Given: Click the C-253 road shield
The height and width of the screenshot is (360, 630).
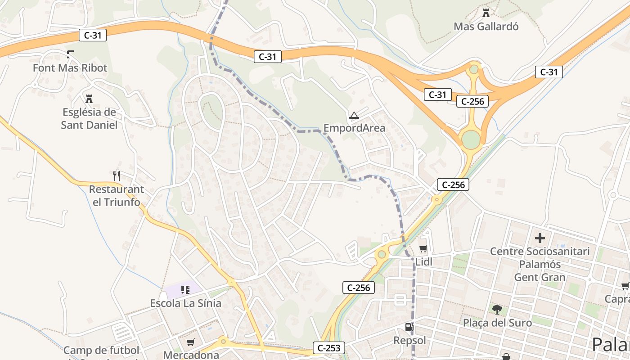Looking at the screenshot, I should [x=328, y=347].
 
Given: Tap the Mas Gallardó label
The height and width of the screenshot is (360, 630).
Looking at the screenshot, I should [x=486, y=27].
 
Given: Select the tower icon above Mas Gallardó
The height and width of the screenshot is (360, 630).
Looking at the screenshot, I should [x=486, y=13].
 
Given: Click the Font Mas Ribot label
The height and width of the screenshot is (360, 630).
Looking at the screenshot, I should [x=70, y=68].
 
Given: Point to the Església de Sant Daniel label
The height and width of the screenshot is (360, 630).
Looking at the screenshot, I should [x=89, y=118].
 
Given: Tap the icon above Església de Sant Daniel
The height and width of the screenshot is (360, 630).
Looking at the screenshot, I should [x=89, y=99].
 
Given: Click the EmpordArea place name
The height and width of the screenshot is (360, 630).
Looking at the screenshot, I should [x=354, y=128].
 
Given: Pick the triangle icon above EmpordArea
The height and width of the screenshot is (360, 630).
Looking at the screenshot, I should [x=354, y=116].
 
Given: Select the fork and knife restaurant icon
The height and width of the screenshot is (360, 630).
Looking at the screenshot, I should [x=117, y=175].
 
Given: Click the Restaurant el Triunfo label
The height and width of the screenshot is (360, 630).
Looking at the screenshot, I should [x=117, y=196].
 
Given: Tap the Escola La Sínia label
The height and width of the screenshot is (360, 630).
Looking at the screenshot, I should [x=185, y=303].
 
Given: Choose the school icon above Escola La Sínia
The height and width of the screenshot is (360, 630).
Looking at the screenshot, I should [x=185, y=290].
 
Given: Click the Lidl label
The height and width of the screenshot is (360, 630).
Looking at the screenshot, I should [x=423, y=262].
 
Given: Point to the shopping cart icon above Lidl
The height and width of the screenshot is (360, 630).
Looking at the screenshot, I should [x=423, y=248].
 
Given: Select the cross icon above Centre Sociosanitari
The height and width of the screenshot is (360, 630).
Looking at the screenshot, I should [x=540, y=238].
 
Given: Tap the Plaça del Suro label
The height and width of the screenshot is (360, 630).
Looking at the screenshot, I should [x=497, y=323].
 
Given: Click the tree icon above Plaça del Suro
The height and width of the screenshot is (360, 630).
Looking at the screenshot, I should [x=497, y=309].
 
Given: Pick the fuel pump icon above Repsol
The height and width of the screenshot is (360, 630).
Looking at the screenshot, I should [x=409, y=327].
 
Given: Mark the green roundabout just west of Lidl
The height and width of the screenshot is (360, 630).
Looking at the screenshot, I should [x=382, y=254].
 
